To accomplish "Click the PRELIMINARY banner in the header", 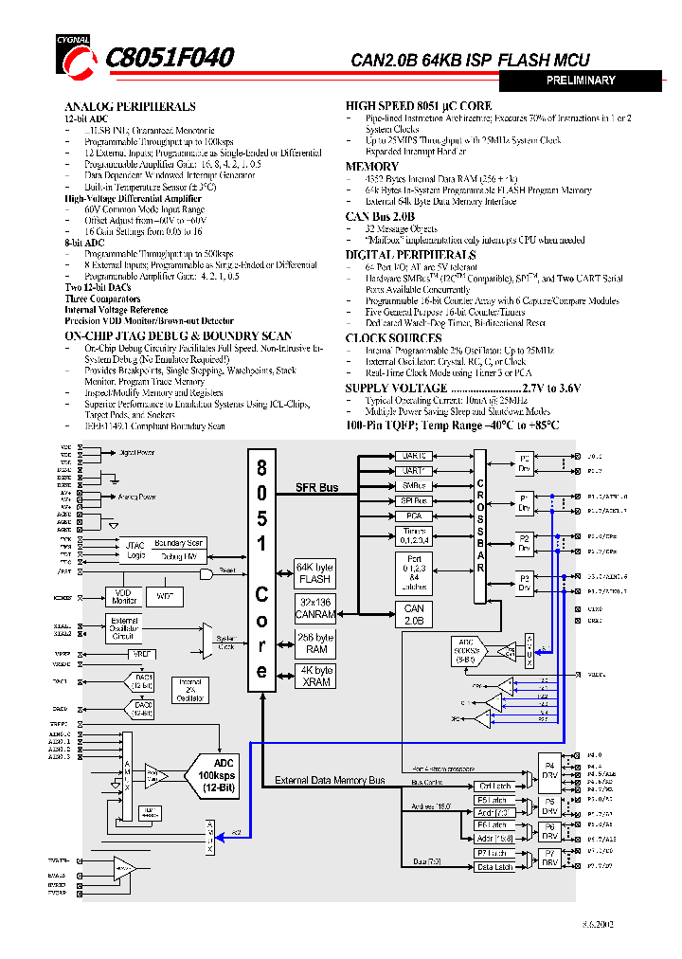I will (580, 81).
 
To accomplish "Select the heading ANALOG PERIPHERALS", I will (130, 107).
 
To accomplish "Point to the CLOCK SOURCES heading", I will (393, 338).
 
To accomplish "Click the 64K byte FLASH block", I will (314, 573).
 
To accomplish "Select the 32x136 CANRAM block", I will (314, 608).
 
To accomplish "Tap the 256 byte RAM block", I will (314, 643).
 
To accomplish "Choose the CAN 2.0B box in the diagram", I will (414, 615).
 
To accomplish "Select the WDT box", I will (165, 597).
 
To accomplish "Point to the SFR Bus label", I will (317, 487).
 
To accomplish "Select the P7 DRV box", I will (549, 859).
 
